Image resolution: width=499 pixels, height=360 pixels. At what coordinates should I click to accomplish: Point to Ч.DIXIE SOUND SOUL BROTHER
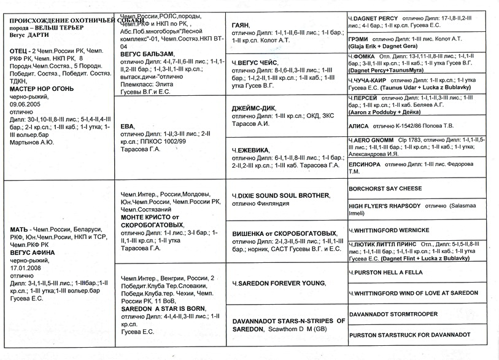pyautogui.click(x=280, y=195)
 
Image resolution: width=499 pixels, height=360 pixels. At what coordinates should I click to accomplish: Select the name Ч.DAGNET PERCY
pyautogui.click(x=373, y=18)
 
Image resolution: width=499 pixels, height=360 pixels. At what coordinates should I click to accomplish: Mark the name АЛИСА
pyautogui.click(x=359, y=125)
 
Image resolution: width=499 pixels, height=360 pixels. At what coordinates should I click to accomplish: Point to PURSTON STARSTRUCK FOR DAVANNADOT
pyautogui.click(x=409, y=335)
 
